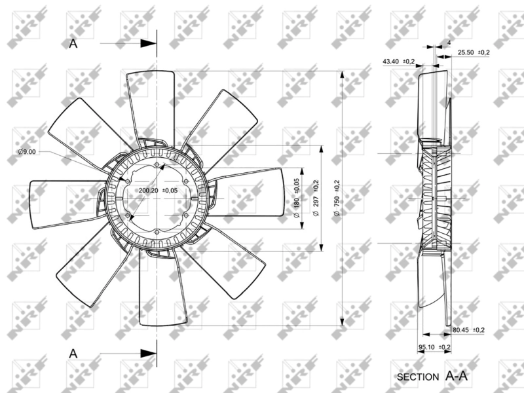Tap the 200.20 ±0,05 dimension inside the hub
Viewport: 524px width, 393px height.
[157, 191]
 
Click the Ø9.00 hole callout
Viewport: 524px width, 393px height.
[27, 152]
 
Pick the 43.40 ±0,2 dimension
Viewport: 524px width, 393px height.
[398, 62]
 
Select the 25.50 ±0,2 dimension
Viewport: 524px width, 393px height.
[474, 52]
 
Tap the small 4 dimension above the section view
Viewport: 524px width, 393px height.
[448, 42]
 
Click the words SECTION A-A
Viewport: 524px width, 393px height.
[432, 376]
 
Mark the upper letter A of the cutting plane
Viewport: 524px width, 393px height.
[73, 43]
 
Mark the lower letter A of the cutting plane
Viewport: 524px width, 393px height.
[73, 353]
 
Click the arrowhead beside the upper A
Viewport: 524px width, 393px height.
[148, 43]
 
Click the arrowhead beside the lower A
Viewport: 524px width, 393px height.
[148, 353]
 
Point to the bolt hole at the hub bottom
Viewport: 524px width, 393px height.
[159, 230]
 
